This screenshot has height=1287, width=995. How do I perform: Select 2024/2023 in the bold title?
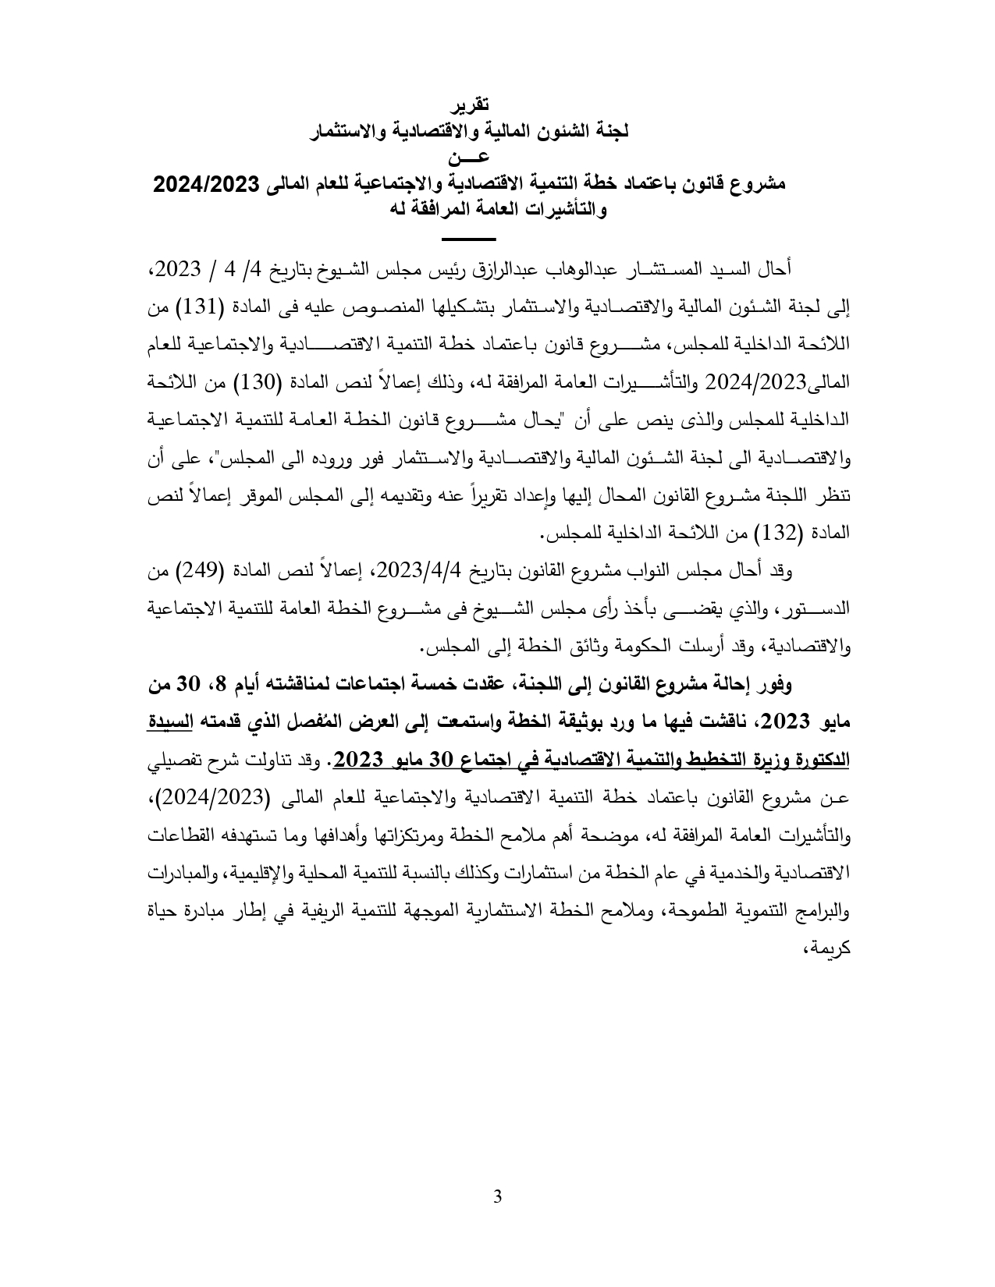(x=206, y=184)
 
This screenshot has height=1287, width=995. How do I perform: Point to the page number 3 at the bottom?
(x=498, y=1219)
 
